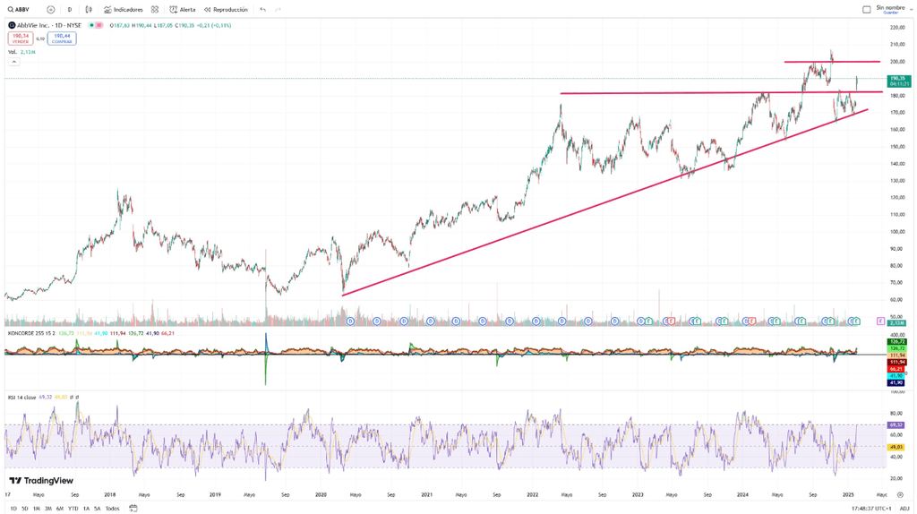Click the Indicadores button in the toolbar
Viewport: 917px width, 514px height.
[x=124, y=10]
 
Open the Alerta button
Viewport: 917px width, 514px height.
[x=183, y=10]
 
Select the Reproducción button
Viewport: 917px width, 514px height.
[x=226, y=10]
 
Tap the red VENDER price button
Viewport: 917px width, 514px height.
[x=21, y=39]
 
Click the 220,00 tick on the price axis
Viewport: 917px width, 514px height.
[x=897, y=28]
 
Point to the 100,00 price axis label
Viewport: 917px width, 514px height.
[x=897, y=232]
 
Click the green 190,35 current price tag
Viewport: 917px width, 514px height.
[x=897, y=80]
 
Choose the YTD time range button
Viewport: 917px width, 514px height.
[x=73, y=509]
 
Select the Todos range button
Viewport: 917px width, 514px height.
[x=112, y=509]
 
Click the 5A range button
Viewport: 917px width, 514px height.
[x=98, y=509]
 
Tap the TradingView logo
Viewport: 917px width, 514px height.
[x=41, y=481]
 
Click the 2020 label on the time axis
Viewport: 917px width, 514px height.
[x=321, y=494]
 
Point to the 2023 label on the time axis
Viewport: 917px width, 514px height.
[x=638, y=494]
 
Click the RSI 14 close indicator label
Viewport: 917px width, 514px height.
[x=22, y=397]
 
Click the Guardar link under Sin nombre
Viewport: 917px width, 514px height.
[x=890, y=13]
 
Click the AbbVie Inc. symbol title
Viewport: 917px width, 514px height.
[x=48, y=25]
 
